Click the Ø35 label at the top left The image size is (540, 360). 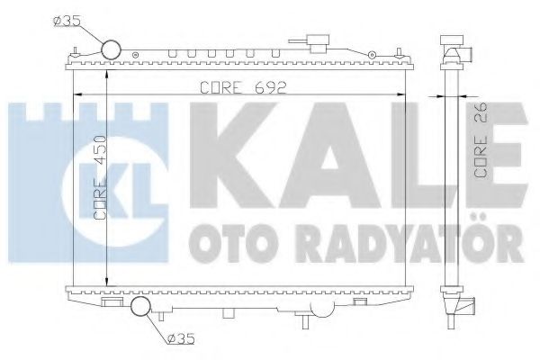pyautogui.click(x=72, y=20)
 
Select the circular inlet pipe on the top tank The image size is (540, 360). pyautogui.click(x=112, y=50)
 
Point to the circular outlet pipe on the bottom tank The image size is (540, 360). pyautogui.click(x=142, y=308)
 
